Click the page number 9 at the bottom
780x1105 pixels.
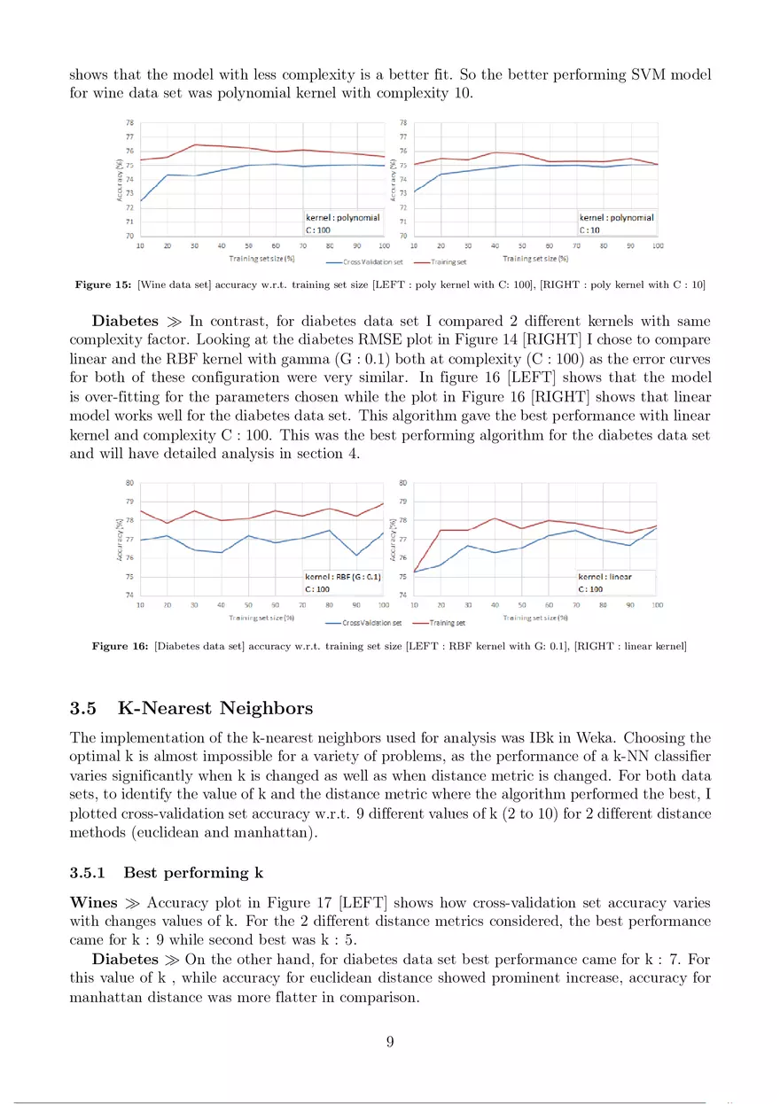click(390, 1041)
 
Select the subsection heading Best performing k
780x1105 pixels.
click(193, 873)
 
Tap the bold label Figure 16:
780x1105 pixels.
click(121, 646)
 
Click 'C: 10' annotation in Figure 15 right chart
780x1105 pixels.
click(590, 230)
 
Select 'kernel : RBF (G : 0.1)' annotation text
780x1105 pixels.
click(343, 577)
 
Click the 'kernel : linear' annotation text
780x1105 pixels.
click(605, 577)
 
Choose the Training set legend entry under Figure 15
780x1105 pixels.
click(449, 262)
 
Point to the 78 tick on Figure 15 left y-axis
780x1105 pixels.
click(130, 122)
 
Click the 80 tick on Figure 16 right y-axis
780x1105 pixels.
click(403, 483)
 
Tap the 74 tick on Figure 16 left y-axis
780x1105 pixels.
click(130, 595)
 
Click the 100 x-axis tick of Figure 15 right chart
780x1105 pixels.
click(658, 245)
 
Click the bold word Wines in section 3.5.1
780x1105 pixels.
click(92, 903)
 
